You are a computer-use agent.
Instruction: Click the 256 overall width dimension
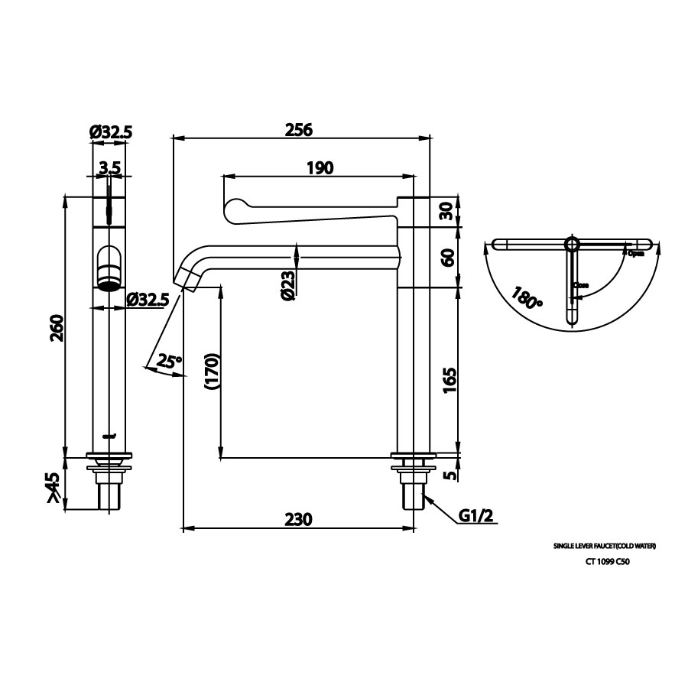click(298, 129)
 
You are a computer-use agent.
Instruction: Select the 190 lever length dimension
click(319, 168)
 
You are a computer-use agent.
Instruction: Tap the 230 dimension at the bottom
click(298, 519)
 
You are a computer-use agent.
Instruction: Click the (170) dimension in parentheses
click(212, 372)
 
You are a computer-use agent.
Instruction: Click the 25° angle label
click(169, 362)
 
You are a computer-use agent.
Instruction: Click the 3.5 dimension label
click(109, 167)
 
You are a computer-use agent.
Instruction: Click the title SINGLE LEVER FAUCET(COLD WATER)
click(605, 547)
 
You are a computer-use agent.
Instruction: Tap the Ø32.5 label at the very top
click(112, 133)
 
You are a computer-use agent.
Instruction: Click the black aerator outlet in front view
click(109, 286)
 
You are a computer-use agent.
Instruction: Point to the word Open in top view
click(635, 253)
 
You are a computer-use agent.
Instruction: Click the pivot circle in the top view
click(573, 244)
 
